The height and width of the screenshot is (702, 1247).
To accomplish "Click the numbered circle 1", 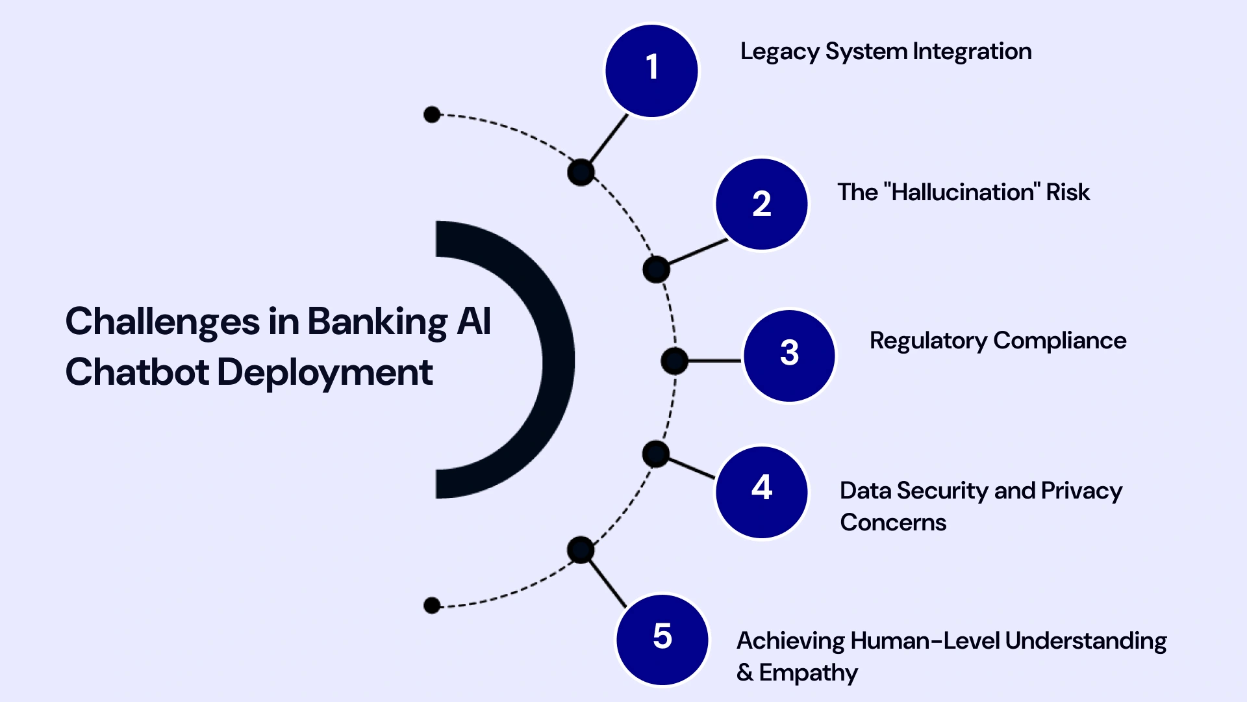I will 651,71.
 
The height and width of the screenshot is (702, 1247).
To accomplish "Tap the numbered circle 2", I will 762,204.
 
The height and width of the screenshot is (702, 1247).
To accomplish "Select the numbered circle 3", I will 789,356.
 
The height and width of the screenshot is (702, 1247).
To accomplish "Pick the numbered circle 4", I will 762,492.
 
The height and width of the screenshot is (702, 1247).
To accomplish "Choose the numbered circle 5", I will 662,640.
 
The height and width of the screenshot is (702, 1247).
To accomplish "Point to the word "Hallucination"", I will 963,192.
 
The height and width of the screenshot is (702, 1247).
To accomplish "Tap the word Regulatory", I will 928,341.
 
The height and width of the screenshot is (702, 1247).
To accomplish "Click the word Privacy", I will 1081,491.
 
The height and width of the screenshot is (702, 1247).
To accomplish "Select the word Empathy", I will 808,673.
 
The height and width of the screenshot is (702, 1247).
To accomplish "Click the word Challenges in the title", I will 162,322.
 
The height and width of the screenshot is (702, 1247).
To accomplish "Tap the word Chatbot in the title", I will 137,372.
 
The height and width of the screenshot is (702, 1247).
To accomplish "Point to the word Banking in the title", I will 377,322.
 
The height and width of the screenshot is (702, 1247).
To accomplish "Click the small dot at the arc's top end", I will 432,115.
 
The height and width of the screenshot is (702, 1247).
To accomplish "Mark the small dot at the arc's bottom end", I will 432,606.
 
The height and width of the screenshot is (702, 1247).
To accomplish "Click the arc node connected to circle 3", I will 674,361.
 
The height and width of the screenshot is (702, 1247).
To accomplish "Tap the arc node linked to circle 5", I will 581,550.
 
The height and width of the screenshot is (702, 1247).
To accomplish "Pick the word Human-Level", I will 925,641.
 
